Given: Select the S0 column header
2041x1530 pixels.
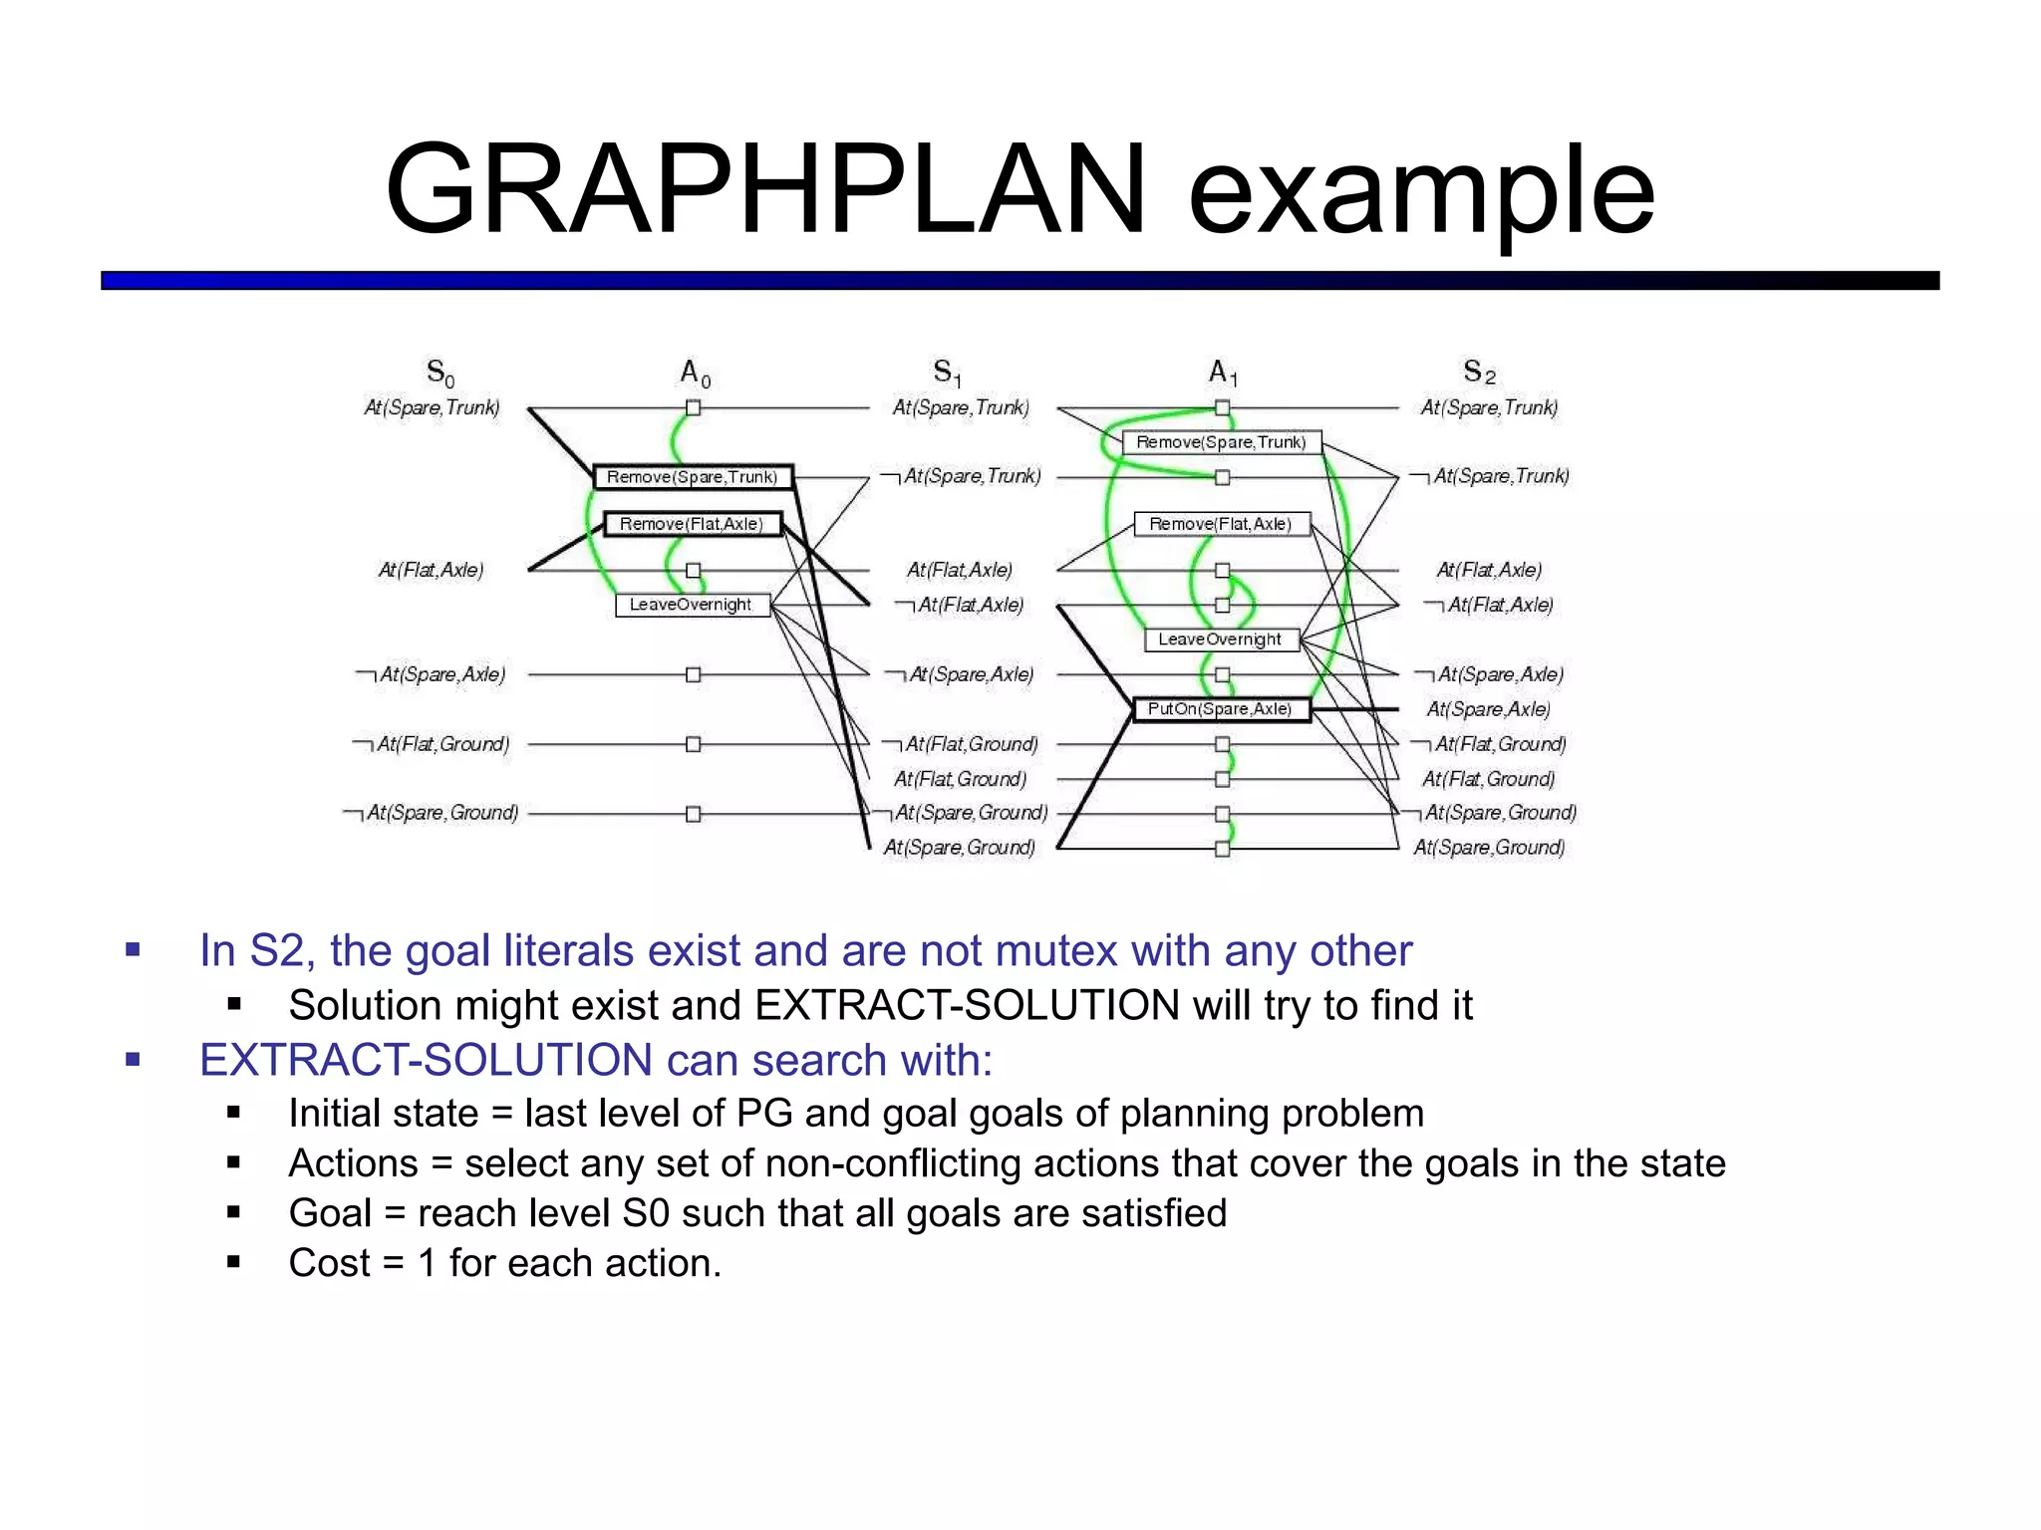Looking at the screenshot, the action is click(x=439, y=373).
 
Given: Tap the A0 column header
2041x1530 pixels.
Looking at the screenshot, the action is click(x=695, y=374).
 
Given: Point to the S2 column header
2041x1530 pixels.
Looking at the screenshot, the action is click(x=1479, y=373).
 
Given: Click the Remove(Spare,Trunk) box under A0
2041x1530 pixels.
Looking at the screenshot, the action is click(x=693, y=477).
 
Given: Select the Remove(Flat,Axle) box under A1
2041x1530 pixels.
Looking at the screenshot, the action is click(x=1221, y=524).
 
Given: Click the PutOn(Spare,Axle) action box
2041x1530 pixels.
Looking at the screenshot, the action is click(x=1221, y=709).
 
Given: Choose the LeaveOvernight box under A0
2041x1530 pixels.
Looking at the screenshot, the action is click(x=692, y=605).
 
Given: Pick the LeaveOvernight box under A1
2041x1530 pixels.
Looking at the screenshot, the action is click(x=1221, y=639).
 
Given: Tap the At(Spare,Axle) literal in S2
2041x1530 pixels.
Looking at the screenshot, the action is click(x=1489, y=709).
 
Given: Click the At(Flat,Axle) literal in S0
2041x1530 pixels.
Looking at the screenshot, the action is click(x=431, y=570).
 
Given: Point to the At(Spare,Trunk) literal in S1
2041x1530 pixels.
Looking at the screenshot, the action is click(x=961, y=407).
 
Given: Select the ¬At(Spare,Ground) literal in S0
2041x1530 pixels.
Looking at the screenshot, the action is click(x=432, y=813).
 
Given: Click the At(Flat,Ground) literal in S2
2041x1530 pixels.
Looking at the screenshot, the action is click(x=1489, y=779).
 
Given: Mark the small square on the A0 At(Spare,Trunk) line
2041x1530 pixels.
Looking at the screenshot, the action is click(x=694, y=407).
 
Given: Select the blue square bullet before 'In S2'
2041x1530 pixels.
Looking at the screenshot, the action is click(x=133, y=949).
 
